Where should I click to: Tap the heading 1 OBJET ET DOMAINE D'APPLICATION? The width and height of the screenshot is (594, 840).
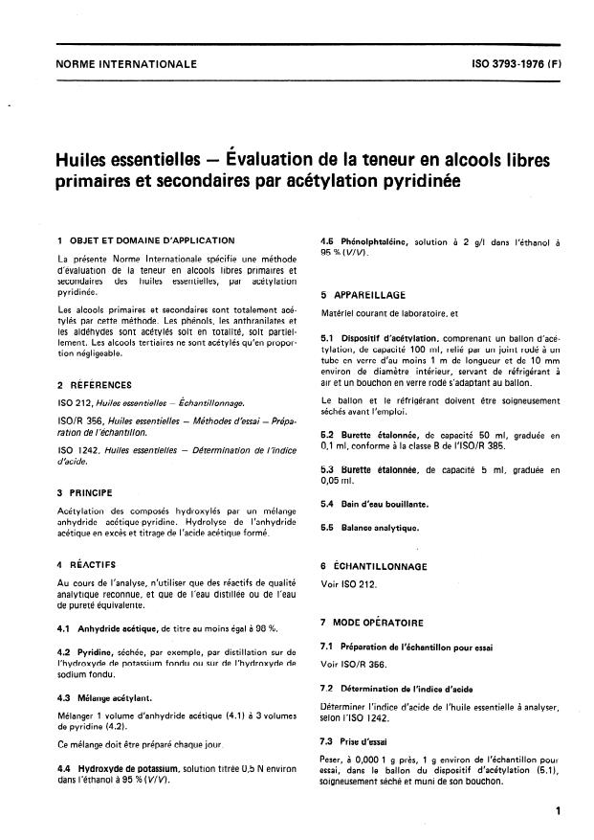145,240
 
